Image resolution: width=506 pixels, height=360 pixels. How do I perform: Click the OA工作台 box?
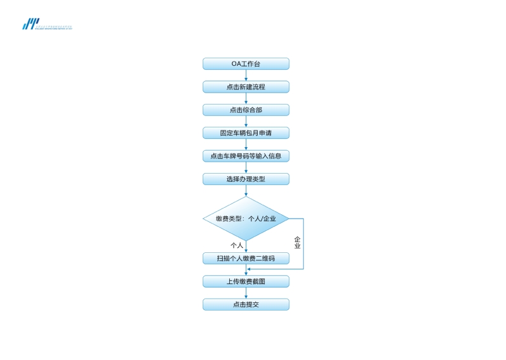(246, 64)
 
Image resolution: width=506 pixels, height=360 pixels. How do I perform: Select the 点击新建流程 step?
(246, 87)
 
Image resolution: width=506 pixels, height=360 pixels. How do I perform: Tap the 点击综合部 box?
(246, 110)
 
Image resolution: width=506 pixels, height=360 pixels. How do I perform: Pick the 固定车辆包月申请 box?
(246, 133)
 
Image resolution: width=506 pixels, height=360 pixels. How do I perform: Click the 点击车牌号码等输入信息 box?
(246, 156)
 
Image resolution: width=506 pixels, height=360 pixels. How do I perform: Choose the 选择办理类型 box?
(246, 179)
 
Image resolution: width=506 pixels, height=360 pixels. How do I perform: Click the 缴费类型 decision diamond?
(246, 219)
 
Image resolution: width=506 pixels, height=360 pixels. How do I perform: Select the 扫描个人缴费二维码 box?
(246, 259)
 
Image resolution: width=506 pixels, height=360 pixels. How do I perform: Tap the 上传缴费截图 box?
(246, 281)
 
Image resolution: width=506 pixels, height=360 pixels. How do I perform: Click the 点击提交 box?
(246, 305)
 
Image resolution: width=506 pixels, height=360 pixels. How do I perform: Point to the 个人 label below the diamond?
(237, 245)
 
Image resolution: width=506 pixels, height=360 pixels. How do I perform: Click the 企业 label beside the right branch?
(297, 243)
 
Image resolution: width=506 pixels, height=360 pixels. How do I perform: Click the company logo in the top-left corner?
(31, 24)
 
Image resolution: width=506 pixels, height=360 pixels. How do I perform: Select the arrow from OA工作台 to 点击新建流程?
(246, 75)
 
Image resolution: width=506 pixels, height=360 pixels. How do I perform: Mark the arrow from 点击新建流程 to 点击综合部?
(246, 98)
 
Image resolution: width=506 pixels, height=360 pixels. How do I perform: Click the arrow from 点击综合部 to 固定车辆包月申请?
(246, 122)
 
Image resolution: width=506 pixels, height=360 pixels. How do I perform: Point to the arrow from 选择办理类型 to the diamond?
(246, 191)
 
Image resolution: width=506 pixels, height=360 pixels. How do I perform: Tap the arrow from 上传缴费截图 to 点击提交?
(246, 293)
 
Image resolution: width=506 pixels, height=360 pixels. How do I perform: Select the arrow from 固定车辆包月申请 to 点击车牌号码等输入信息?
(246, 145)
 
